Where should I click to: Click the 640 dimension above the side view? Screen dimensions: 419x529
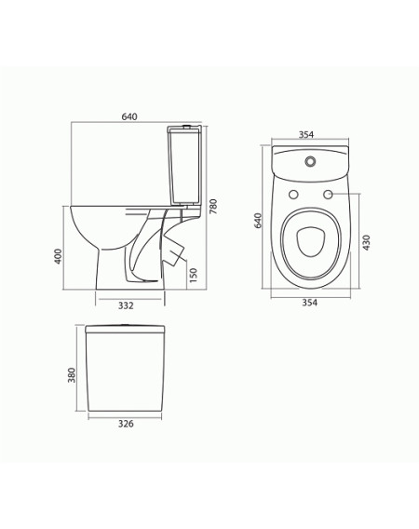(x=129, y=116)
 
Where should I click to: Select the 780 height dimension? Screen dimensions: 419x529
(x=213, y=207)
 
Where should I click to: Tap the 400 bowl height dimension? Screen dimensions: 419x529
(x=59, y=256)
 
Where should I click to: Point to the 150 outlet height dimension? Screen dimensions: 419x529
(x=193, y=276)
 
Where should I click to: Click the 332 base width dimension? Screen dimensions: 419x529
(x=126, y=305)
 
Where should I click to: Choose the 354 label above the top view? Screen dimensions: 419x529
(x=306, y=135)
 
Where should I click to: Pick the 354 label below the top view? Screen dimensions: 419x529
(x=309, y=303)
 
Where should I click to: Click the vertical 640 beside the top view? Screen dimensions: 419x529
(x=258, y=221)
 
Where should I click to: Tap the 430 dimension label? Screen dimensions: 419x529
(x=366, y=242)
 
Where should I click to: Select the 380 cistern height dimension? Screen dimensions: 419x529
(x=72, y=374)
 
